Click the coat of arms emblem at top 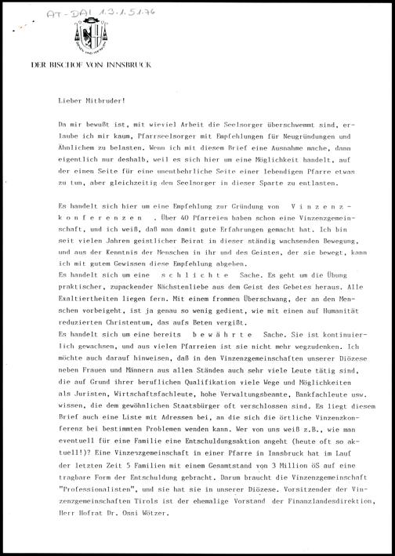coord(87,35)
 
